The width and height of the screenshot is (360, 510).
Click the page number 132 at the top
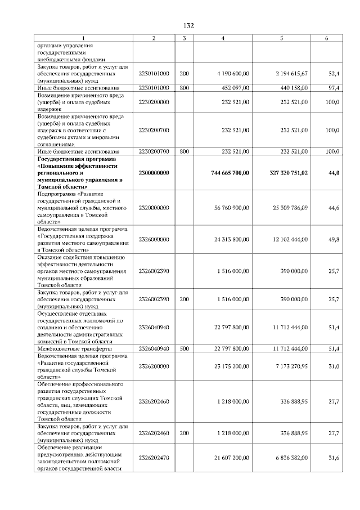(188, 25)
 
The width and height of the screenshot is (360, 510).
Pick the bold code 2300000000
(154, 173)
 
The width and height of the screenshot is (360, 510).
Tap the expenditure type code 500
(184, 349)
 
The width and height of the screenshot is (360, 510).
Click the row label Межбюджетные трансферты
(75, 349)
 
